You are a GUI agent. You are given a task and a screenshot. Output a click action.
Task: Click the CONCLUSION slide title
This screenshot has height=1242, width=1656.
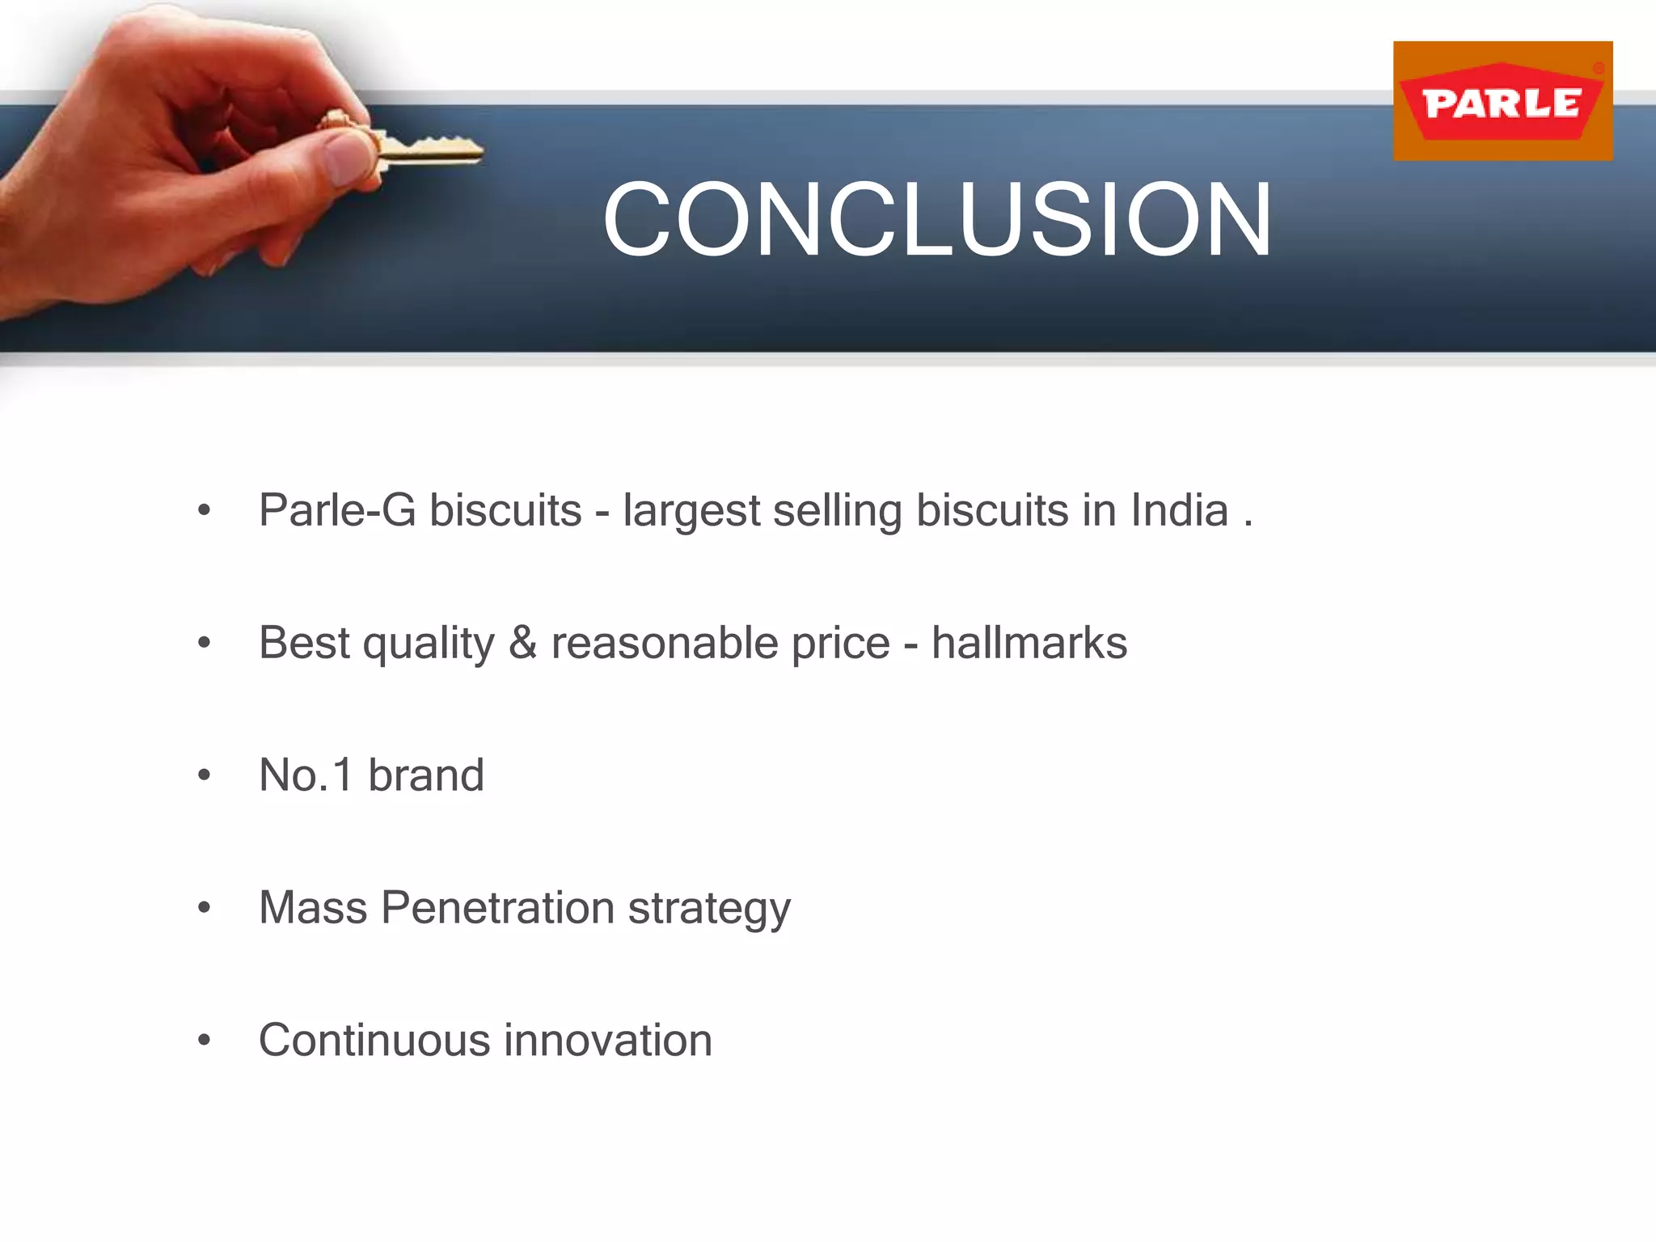pos(937,220)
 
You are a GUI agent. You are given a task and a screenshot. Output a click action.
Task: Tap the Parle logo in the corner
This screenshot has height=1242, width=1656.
pos(1502,101)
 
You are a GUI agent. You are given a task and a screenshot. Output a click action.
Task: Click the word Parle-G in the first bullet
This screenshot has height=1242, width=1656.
pos(337,511)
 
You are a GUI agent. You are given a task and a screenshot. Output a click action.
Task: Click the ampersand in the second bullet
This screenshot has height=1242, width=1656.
pos(522,643)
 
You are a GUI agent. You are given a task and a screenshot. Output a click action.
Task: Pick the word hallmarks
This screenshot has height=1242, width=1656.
pos(1029,643)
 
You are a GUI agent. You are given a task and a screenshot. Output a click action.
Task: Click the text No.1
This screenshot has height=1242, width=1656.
pos(306,775)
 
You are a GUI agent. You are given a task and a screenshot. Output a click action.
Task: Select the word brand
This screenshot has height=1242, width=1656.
pos(426,775)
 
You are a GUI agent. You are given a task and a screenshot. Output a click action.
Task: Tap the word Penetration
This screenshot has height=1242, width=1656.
pos(497,907)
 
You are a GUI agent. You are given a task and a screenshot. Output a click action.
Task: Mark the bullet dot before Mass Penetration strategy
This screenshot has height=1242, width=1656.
pos(204,908)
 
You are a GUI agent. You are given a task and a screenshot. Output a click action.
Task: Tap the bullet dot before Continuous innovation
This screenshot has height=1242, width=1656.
pos(204,1041)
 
